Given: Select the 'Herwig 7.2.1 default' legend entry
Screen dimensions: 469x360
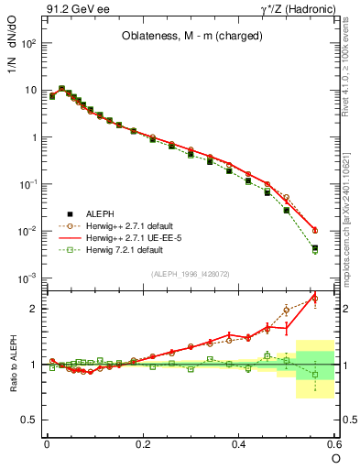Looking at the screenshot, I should tap(125, 249).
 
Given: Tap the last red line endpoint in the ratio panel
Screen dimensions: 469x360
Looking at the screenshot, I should tap(315, 297).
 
